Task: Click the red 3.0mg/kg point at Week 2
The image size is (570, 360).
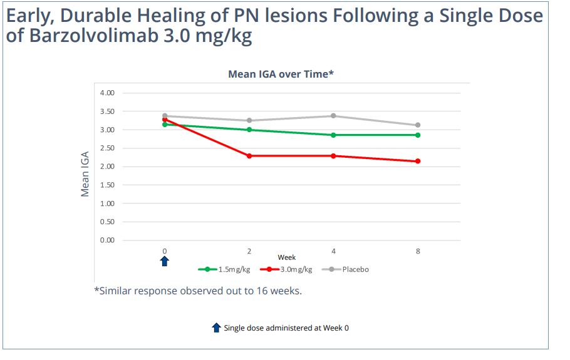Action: tap(249, 156)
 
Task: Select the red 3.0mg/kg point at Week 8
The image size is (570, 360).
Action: tap(418, 162)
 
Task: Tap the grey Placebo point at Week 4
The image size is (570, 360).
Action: tap(333, 116)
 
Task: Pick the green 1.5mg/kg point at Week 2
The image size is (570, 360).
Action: tap(249, 130)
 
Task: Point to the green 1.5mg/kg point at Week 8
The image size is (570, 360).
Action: tap(418, 135)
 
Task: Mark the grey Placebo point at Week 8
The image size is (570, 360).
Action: tap(418, 125)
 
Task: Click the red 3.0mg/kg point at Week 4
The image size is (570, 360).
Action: tap(333, 156)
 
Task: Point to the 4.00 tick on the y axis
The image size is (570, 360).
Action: tap(107, 93)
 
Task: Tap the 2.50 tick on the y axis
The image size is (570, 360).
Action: tap(107, 148)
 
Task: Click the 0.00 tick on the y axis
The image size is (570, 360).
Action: tap(107, 240)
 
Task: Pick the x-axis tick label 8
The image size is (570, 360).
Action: tap(418, 252)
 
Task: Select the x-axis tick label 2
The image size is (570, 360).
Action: tap(249, 252)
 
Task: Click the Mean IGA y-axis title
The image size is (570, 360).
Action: tap(86, 173)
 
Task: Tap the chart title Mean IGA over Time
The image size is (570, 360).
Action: tap(281, 75)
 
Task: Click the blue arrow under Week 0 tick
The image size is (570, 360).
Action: tap(165, 261)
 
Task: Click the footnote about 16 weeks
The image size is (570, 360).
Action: tap(198, 291)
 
